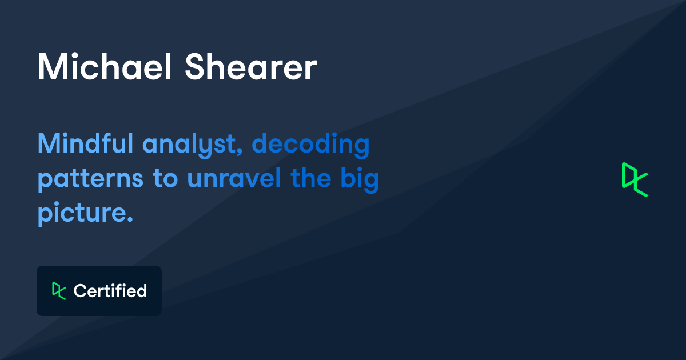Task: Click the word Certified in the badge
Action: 110,291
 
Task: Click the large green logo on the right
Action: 635,179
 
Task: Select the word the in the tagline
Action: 310,179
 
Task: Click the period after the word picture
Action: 129,220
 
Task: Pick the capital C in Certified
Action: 80,291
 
